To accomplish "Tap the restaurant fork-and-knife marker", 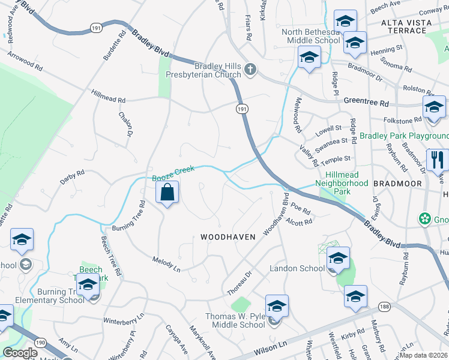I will click(x=436, y=160).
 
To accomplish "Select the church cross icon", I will click(x=251, y=71).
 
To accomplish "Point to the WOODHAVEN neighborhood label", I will click(x=228, y=237).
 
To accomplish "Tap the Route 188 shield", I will click(x=384, y=307).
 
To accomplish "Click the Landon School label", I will click(x=297, y=268).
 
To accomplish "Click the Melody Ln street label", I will click(x=167, y=262).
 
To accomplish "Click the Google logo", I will click(x=20, y=353).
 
